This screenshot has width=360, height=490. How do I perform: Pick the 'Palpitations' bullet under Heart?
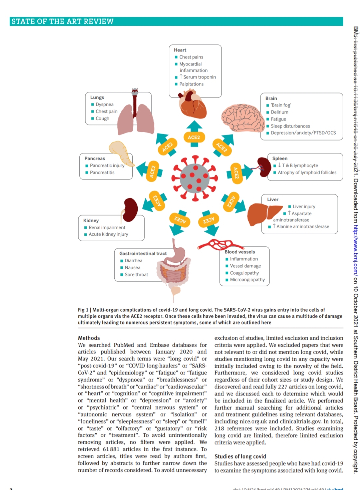point(191,84)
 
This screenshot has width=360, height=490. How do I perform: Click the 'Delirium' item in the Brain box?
point(279,112)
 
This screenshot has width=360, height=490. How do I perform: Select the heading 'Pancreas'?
point(95,158)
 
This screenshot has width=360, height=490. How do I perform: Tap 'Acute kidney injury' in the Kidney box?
point(108,234)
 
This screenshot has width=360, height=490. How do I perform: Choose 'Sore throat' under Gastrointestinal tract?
point(136,274)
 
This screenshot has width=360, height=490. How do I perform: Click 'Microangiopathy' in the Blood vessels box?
point(247,280)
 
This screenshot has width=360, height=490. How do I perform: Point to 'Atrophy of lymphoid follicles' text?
point(307,172)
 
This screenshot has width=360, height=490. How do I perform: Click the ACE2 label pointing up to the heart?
point(194,137)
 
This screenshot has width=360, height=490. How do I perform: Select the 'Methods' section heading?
point(89,338)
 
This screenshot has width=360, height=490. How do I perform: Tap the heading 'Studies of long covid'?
point(240,456)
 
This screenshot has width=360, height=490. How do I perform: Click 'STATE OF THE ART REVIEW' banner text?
point(62,22)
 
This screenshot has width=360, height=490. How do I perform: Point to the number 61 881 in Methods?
point(111,449)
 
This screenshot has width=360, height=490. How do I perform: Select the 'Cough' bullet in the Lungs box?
point(102,118)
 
